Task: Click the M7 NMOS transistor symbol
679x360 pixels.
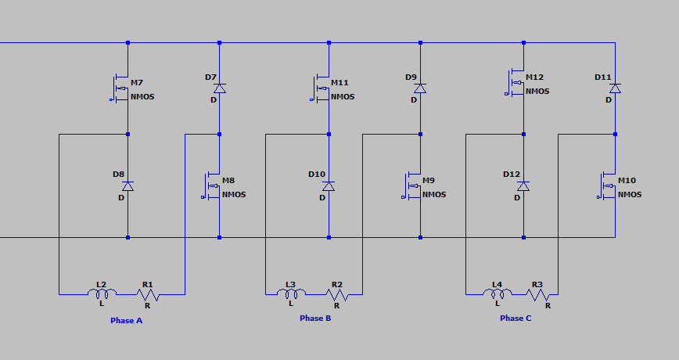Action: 120,88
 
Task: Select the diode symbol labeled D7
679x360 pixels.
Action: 220,88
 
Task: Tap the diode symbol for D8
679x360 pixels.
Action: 128,186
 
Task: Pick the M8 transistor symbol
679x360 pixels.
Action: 212,186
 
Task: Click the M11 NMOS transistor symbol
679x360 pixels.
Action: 321,88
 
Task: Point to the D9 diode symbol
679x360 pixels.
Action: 420,88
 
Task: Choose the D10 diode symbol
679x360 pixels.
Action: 329,186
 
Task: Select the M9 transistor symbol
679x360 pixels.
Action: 412,186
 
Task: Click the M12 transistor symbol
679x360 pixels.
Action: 516,83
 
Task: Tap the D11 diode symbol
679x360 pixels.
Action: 615,88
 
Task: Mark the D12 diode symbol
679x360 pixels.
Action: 523,186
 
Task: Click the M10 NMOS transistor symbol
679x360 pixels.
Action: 607,186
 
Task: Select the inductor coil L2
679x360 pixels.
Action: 102,293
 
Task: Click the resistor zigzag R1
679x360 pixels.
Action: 148,295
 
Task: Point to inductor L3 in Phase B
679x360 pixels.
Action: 290,293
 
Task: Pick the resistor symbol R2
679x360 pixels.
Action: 337,295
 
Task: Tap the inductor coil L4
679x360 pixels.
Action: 498,293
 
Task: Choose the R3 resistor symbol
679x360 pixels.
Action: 537,295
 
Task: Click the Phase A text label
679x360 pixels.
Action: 127,321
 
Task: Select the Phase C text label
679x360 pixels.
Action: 516,319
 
